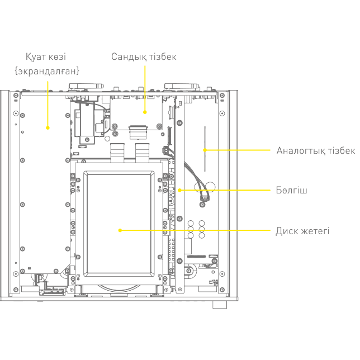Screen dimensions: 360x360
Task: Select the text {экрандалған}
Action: [x=48, y=71]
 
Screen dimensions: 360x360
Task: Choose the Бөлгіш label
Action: [x=291, y=190]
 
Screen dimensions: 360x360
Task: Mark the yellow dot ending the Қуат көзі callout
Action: [x=48, y=128]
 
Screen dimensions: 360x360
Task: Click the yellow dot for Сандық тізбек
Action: [x=145, y=112]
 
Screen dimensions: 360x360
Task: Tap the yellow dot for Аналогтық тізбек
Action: [x=205, y=150]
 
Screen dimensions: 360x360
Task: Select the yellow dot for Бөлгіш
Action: [x=179, y=190]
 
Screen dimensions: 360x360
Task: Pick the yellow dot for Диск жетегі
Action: [x=120, y=230]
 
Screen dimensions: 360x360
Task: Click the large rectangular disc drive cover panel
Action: [x=120, y=224]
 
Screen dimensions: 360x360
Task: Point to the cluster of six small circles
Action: [x=196, y=229]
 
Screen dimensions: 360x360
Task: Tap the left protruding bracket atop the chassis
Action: [x=87, y=87]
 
